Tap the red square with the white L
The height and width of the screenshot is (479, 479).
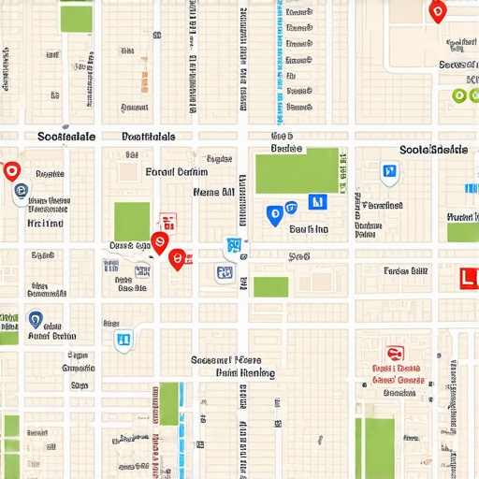pyautogui.click(x=470, y=278)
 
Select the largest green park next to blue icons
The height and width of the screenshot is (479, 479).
pyautogui.click(x=297, y=170)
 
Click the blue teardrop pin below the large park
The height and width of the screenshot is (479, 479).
pyautogui.click(x=274, y=216)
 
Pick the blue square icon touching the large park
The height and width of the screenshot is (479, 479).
pyautogui.click(x=317, y=201)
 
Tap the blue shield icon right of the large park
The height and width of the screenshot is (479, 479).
pyautogui.click(x=389, y=172)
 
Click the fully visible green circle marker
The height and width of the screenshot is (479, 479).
pyautogui.click(x=458, y=95)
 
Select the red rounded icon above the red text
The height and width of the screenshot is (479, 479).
pyautogui.click(x=395, y=355)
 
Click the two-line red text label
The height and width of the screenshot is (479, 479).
pyautogui.click(x=396, y=374)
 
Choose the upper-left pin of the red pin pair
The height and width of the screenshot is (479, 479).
pyautogui.click(x=159, y=243)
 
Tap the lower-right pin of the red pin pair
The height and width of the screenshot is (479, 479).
pyautogui.click(x=177, y=259)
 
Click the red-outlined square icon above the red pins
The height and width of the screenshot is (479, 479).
pyautogui.click(x=168, y=222)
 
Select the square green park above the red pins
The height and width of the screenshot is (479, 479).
pyautogui.click(x=132, y=222)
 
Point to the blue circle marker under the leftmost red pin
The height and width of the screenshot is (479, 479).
pyautogui.click(x=21, y=193)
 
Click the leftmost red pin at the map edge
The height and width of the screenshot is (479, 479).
pyautogui.click(x=11, y=171)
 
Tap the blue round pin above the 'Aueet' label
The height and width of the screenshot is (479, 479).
pyautogui.click(x=36, y=320)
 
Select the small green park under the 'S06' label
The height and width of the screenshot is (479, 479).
pyautogui.click(x=270, y=286)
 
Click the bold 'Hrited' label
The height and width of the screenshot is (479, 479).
pyautogui.click(x=46, y=224)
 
